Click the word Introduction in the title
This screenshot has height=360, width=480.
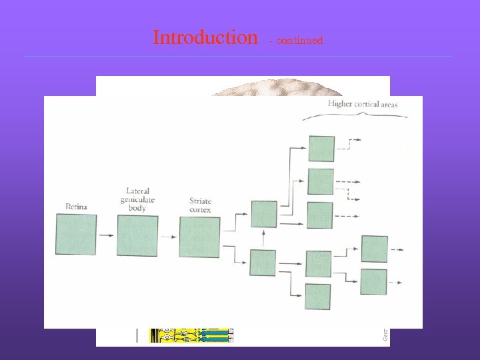(205, 37)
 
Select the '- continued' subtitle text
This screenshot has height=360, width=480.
(295, 41)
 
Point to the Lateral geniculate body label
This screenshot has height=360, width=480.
(137, 199)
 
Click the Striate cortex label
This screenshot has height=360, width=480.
(200, 205)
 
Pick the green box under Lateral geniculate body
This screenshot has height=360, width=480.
(137, 235)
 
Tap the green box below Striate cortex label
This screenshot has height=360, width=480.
(199, 237)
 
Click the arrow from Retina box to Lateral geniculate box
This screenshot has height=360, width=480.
(106, 235)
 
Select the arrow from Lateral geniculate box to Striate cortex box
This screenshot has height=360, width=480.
(168, 236)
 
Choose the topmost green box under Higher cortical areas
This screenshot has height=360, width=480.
(321, 149)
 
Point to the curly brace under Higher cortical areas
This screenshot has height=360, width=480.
(355, 117)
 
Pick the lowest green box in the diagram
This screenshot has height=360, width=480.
(317, 297)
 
